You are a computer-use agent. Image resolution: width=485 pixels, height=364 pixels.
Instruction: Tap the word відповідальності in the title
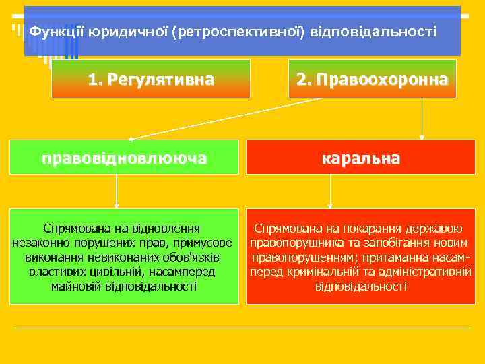coord(373,32)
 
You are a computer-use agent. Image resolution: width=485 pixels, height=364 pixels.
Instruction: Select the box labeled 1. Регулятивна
coord(151,80)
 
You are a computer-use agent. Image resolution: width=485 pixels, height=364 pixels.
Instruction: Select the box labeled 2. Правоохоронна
coord(372,80)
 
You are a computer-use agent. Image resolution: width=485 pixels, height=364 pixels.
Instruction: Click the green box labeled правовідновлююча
coord(124,158)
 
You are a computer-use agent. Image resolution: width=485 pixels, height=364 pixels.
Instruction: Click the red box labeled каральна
coord(360,158)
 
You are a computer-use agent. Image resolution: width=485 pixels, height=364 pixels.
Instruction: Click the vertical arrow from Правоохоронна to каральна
coord(422,118)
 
